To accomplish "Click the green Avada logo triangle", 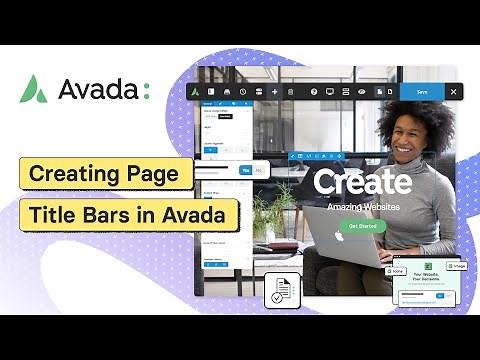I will (x=33, y=89).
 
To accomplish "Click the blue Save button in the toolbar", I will (x=422, y=91).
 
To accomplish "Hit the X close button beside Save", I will (x=453, y=91).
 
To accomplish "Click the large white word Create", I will (x=361, y=181).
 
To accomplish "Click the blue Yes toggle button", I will (x=245, y=171).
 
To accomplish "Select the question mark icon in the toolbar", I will (x=314, y=91).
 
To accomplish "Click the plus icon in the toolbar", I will (x=275, y=91).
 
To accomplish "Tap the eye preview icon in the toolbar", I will (x=361, y=91).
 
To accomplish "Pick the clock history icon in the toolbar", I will (x=242, y=91).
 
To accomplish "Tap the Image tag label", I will (x=457, y=266).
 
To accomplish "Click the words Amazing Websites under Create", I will (x=361, y=207).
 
